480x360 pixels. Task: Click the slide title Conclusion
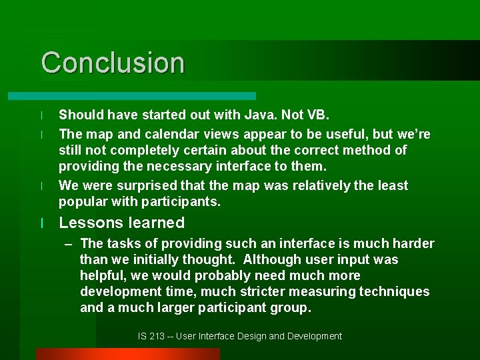pyautogui.click(x=113, y=63)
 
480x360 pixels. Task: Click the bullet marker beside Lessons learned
pyautogui.click(x=42, y=223)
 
